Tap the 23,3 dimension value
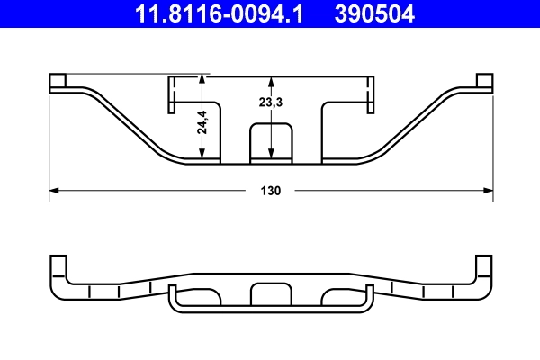tap(271, 103)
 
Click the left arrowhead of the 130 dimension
tap(52, 191)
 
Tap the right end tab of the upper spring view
tap(485, 83)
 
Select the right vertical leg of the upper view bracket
tap(368, 95)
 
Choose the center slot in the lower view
tap(271, 295)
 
